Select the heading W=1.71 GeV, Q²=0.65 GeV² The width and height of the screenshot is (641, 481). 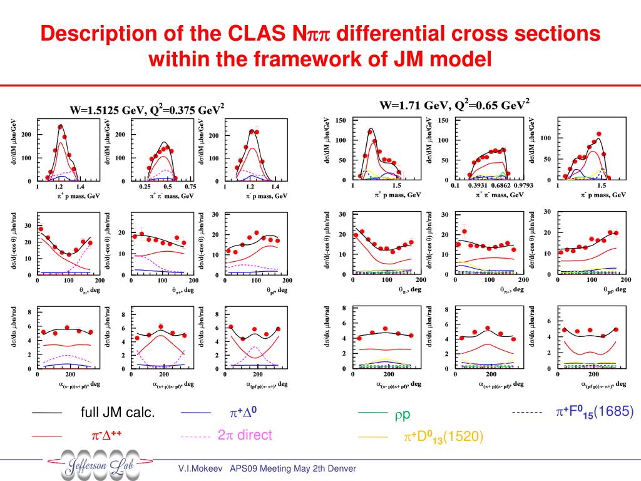tap(454, 104)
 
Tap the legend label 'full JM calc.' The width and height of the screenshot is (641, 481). tap(118, 413)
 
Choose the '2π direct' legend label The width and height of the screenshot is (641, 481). tap(245, 435)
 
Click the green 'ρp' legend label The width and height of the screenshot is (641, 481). tap(402, 414)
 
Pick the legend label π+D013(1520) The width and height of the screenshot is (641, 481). tap(442, 437)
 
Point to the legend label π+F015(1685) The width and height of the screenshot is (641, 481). tap(595, 412)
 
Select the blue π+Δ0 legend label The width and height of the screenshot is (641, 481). tap(244, 413)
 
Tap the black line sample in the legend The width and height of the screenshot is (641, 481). tap(47, 413)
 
